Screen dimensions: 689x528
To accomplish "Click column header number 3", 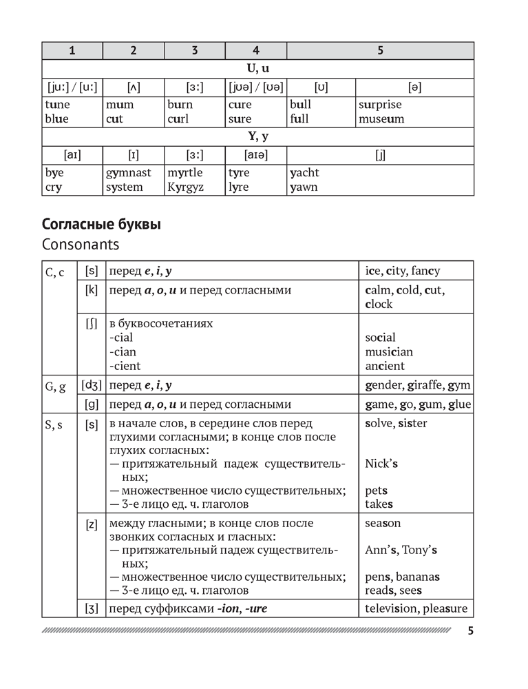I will (195, 50).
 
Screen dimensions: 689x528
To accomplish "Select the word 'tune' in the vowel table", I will (57, 105).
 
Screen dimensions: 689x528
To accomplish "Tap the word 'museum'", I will (381, 119).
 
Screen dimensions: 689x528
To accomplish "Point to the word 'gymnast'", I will (129, 173).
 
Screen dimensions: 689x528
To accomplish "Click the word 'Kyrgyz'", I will (185, 187).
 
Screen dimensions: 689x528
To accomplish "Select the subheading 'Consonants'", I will (81, 244).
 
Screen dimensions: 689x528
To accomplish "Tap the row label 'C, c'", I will (54, 272).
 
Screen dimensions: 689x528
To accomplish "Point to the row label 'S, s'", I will (54, 424).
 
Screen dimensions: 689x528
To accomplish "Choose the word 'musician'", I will (389, 352).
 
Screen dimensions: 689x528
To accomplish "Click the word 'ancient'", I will (385, 366).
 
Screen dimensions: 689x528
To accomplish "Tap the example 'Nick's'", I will (381, 464).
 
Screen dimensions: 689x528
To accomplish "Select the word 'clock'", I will (379, 304).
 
